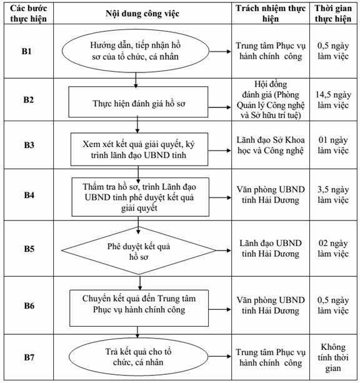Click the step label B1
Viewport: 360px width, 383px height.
click(x=27, y=51)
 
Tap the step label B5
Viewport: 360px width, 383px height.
click(x=29, y=249)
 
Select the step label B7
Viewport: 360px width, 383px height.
click(x=29, y=357)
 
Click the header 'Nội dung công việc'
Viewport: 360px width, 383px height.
click(x=142, y=14)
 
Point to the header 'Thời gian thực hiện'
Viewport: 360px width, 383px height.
click(x=333, y=14)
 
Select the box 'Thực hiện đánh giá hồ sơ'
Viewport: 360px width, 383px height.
click(x=138, y=102)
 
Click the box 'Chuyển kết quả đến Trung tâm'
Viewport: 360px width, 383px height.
click(x=139, y=308)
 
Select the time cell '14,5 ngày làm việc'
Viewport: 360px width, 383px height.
click(x=333, y=100)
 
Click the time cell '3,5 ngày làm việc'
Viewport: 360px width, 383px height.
click(x=333, y=195)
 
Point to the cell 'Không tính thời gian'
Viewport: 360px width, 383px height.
click(x=333, y=357)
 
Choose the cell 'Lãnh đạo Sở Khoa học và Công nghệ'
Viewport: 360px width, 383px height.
click(x=271, y=145)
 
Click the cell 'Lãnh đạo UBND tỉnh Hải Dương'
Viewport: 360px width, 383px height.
click(x=271, y=249)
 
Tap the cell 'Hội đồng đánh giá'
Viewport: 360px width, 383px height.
click(x=271, y=100)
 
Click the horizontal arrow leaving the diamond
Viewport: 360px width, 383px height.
click(x=223, y=251)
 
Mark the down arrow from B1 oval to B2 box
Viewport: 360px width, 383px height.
click(x=136, y=81)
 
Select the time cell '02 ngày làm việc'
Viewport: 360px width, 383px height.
click(x=333, y=249)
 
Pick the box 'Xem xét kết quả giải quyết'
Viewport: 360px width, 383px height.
click(x=139, y=149)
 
